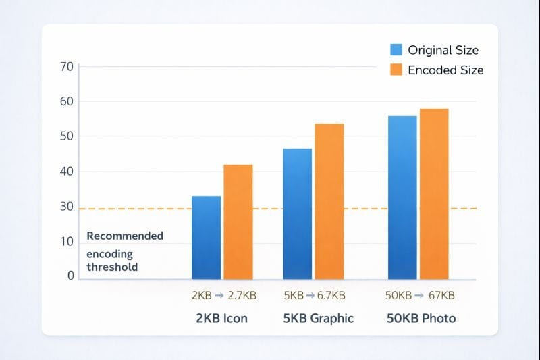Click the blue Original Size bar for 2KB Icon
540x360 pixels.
click(x=206, y=237)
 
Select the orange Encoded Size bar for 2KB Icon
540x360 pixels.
click(x=238, y=222)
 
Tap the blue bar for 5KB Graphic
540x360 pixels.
click(x=297, y=213)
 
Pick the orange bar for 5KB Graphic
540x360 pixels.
click(x=329, y=201)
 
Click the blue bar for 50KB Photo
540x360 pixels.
click(x=402, y=197)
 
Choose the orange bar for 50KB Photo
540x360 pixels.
click(x=434, y=194)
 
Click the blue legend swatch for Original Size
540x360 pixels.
click(x=396, y=50)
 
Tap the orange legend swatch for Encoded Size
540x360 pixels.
click(x=396, y=70)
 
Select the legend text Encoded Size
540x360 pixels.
click(x=446, y=70)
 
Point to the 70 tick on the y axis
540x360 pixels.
click(x=66, y=66)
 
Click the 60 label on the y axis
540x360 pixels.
click(x=66, y=101)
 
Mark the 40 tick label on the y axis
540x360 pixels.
click(x=66, y=172)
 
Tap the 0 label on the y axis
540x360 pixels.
click(x=70, y=276)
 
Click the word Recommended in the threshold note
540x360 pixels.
click(x=125, y=236)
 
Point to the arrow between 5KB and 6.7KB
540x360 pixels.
click(x=310, y=295)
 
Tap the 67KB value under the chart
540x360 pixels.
click(x=441, y=295)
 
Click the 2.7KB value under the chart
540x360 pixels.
click(x=242, y=295)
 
